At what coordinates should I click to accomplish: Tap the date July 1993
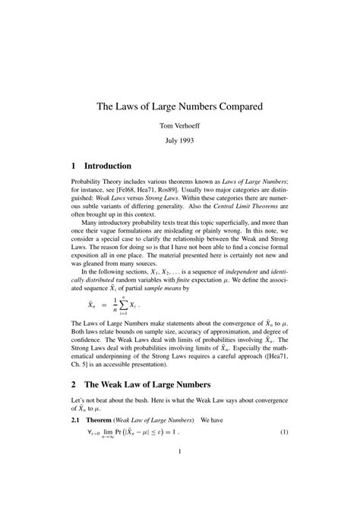point(180,141)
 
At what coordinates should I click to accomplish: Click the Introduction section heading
point(108,166)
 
